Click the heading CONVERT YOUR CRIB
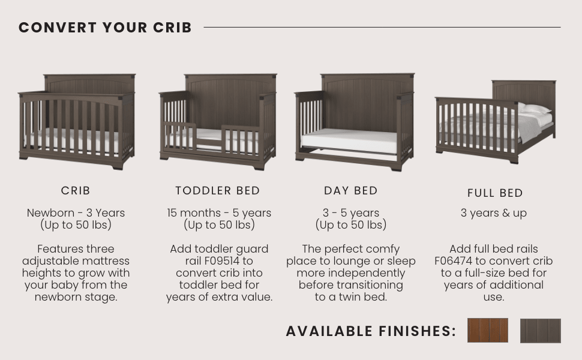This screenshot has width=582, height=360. (105, 28)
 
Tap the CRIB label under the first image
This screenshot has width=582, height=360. (76, 191)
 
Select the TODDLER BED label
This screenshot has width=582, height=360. (218, 191)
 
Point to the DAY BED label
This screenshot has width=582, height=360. (351, 191)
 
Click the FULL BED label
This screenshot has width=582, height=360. (495, 193)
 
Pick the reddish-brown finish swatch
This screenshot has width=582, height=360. (487, 331)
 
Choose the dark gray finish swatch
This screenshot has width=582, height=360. (540, 331)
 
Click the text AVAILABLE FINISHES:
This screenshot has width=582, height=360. (371, 331)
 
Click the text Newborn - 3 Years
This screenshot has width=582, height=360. (76, 213)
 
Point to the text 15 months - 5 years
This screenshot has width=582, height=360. (219, 213)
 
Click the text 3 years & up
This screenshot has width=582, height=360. (494, 213)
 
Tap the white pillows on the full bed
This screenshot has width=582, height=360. (535, 109)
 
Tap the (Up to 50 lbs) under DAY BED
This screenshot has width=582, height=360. (351, 225)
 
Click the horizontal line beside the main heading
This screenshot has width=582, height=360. (382, 27)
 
